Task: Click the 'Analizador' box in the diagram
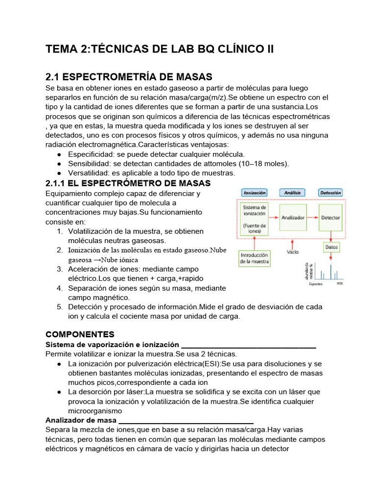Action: (293, 218)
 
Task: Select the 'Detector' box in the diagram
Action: (330, 218)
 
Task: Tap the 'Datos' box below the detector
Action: (331, 248)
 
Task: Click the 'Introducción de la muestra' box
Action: (255, 258)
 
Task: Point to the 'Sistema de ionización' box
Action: (255, 219)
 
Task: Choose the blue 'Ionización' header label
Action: (254, 193)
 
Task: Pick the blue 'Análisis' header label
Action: (292, 193)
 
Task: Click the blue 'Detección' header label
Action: (330, 193)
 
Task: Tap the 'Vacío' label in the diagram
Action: (293, 252)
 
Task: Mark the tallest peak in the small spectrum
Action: (330, 272)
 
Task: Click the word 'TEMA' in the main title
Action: (59, 49)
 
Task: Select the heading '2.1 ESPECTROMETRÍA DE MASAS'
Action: (129, 77)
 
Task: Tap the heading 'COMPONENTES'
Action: (80, 334)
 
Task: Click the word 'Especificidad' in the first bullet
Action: (91, 154)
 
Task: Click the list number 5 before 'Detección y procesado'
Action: (59, 307)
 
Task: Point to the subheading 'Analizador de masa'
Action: (81, 420)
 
